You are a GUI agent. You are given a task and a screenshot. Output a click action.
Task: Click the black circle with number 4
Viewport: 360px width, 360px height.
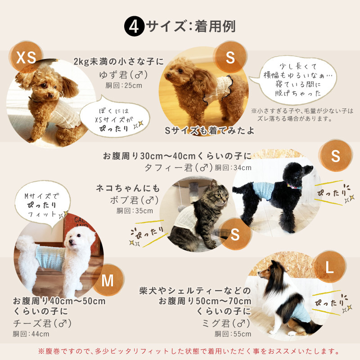click(x=134, y=26)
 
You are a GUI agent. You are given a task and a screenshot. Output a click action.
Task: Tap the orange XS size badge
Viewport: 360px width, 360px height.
click(x=26, y=57)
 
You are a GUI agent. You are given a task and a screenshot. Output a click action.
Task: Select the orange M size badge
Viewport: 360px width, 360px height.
click(x=108, y=280)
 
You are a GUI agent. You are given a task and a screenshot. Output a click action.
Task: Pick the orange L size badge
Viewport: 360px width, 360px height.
click(x=330, y=267)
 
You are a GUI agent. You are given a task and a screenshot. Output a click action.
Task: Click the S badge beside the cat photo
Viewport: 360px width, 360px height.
click(x=235, y=234)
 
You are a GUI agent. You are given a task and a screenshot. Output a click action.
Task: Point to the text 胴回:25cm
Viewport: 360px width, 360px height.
click(x=124, y=85)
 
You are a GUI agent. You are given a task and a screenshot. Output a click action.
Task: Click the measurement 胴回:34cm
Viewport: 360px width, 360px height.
click(x=233, y=167)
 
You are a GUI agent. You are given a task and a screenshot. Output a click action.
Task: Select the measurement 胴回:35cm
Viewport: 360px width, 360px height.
click(x=135, y=211)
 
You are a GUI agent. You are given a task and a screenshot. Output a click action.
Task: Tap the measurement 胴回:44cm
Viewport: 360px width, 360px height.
click(x=31, y=334)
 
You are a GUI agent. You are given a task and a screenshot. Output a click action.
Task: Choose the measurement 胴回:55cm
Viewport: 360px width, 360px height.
click(x=233, y=334)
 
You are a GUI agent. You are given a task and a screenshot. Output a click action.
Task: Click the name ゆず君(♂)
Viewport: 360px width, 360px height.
click(x=123, y=75)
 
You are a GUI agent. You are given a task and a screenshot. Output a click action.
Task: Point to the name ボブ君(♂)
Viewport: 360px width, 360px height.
click(x=134, y=200)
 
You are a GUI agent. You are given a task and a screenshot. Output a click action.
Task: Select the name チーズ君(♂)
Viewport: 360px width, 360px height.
click(x=42, y=323)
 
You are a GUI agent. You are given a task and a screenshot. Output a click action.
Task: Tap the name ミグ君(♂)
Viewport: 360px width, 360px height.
click(x=226, y=323)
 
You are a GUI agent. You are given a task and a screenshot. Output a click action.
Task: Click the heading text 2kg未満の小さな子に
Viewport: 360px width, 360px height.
click(x=119, y=61)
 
